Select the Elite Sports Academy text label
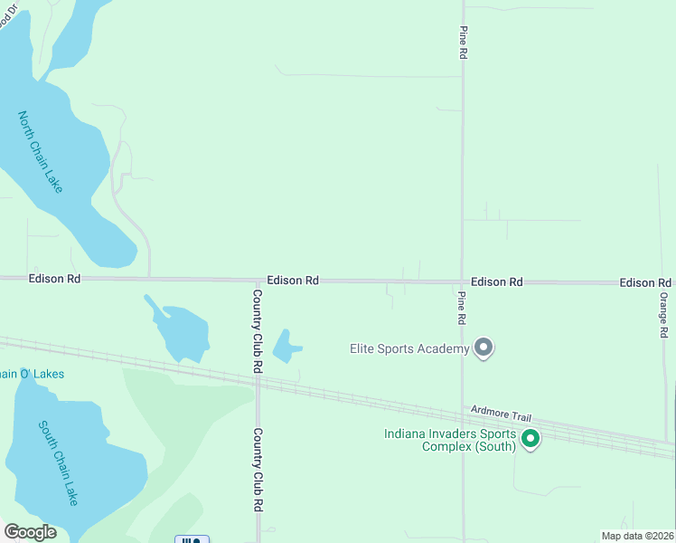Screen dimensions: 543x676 coord(409,348)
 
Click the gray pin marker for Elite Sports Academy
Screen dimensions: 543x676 coord(484,348)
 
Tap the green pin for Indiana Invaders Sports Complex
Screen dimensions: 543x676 coord(531,440)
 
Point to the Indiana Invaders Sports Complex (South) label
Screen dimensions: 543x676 coord(449,440)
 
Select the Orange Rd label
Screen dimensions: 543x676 coord(663,315)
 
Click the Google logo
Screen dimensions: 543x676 coord(30,532)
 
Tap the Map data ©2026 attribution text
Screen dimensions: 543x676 coord(637,536)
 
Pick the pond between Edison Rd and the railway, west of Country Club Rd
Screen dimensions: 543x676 coord(182,329)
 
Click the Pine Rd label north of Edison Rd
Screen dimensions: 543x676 coord(463,43)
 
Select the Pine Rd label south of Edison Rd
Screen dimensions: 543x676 coord(461,308)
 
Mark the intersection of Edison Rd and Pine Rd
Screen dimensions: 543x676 coord(462,281)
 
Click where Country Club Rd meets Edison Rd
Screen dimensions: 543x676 coord(258,281)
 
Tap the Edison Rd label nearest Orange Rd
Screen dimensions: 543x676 coord(645,283)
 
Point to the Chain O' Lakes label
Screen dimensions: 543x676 coord(32,374)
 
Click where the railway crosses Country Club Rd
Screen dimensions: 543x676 coord(258,379)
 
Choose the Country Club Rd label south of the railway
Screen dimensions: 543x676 coord(258,469)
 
